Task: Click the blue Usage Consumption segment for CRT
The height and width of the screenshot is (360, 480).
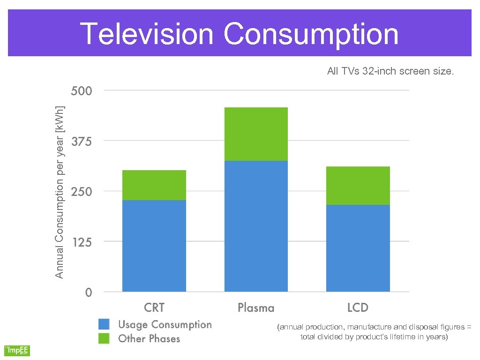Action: (x=154, y=246)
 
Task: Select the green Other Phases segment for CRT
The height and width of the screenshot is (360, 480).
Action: (x=154, y=185)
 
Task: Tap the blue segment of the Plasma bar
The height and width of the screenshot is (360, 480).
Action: (x=256, y=226)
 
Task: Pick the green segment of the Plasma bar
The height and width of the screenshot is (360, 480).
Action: (x=256, y=134)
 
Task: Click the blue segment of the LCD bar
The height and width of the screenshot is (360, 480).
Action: (x=358, y=248)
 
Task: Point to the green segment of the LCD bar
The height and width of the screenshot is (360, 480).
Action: (x=358, y=186)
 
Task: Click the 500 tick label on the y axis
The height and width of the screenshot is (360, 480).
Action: (x=82, y=90)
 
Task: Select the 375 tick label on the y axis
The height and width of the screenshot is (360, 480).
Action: (x=82, y=141)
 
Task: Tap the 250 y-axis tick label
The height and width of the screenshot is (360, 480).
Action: (x=82, y=192)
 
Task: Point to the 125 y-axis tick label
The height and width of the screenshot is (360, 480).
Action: (x=82, y=242)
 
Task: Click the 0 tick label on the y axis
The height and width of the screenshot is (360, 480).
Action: (x=89, y=292)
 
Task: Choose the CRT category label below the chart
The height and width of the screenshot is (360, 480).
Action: (x=154, y=308)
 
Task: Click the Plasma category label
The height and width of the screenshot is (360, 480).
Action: (x=256, y=308)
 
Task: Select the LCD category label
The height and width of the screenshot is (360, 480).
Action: (x=358, y=308)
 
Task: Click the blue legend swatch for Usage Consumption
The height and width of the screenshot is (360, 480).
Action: (x=104, y=324)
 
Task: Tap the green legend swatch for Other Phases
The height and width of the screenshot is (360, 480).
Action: (x=104, y=338)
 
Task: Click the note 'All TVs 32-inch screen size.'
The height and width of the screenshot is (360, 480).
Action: (x=390, y=72)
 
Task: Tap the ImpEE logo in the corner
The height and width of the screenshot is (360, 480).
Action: (x=17, y=350)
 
